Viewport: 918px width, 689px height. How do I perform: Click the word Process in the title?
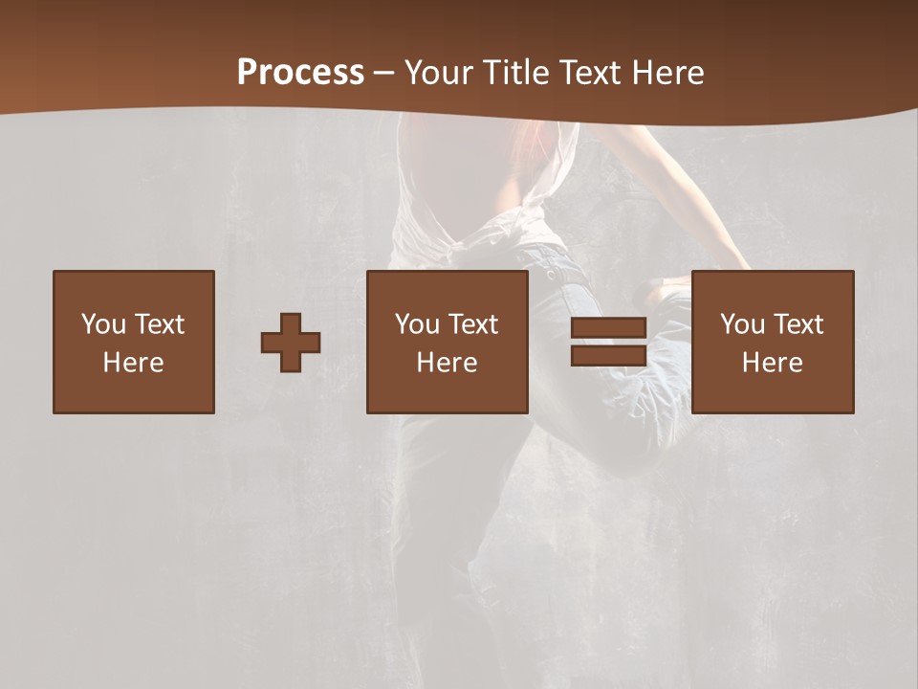click(300, 72)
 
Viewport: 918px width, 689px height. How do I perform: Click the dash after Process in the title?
click(383, 74)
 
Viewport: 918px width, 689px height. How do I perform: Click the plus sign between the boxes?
click(291, 343)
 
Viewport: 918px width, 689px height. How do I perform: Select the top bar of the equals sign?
click(608, 329)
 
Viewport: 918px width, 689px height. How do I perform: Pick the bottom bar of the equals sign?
click(608, 356)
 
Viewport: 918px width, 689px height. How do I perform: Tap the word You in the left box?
click(102, 324)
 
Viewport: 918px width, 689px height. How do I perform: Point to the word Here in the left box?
click(133, 363)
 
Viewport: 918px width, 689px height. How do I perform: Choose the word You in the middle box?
click(416, 324)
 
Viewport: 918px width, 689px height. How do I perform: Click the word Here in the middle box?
click(447, 363)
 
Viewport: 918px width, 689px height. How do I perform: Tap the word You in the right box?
click(741, 324)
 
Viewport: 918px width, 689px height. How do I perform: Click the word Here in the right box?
click(772, 363)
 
